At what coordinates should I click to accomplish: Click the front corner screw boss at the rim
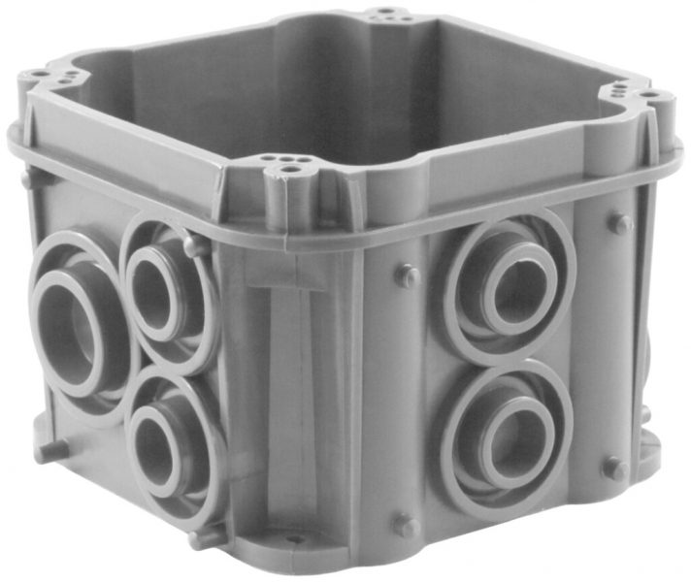(289, 175)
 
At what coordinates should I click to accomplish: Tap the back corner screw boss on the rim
(386, 16)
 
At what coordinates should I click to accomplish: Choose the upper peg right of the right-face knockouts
(619, 223)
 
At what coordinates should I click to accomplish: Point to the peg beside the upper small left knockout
(197, 246)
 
